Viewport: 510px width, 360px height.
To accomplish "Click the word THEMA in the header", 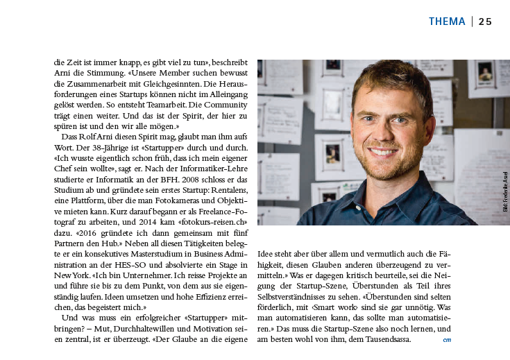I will [447, 22].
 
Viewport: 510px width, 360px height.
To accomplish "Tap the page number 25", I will [485, 22].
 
